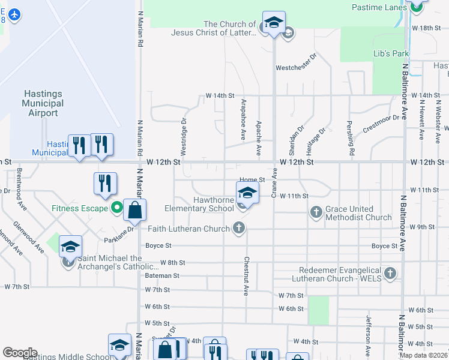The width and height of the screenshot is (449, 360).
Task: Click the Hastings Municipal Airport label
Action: pyautogui.click(x=43, y=103)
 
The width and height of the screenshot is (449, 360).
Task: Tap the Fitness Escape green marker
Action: pyautogui.click(x=117, y=209)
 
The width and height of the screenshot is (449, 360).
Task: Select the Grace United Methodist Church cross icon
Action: pyautogui.click(x=316, y=211)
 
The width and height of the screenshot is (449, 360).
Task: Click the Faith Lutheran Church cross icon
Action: pyautogui.click(x=239, y=228)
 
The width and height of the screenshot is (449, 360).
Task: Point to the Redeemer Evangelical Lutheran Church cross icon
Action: pyautogui.click(x=390, y=274)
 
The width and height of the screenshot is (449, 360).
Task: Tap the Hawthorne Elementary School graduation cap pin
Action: pyautogui.click(x=246, y=193)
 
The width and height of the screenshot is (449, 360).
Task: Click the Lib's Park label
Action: pyautogui.click(x=391, y=53)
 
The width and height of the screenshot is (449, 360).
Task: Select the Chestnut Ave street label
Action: pyautogui.click(x=246, y=276)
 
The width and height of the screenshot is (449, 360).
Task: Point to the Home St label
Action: pyautogui.click(x=252, y=180)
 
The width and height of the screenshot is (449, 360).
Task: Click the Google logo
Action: pyautogui.click(x=20, y=353)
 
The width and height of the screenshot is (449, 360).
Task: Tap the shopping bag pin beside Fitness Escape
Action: pyautogui.click(x=135, y=211)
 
